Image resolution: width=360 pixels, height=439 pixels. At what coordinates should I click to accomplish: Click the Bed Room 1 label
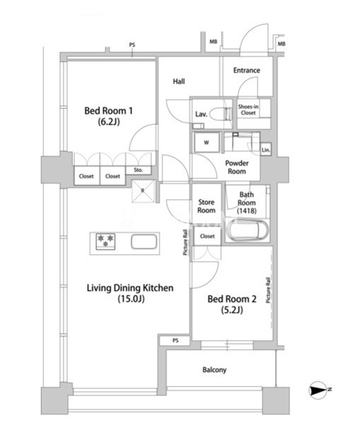click(x=109, y=116)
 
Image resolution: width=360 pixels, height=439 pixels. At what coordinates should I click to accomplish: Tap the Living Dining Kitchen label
click(x=130, y=293)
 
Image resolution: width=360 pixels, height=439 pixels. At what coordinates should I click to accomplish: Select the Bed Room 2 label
click(x=232, y=304)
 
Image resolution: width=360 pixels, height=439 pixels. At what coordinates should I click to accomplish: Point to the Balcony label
click(x=215, y=370)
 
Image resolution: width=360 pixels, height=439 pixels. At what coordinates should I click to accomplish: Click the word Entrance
click(x=246, y=71)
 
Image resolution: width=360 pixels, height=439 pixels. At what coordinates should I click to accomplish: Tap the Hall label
click(x=179, y=81)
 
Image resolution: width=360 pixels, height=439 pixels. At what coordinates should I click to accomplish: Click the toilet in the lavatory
click(x=221, y=114)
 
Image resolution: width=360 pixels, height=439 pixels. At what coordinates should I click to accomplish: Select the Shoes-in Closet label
click(x=248, y=110)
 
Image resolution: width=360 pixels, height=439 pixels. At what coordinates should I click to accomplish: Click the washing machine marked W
click(x=206, y=143)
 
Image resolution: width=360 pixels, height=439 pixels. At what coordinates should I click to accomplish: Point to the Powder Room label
click(x=237, y=167)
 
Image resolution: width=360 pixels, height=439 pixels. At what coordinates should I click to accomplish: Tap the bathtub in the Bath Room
click(x=247, y=230)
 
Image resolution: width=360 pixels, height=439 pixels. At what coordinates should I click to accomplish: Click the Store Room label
click(x=206, y=206)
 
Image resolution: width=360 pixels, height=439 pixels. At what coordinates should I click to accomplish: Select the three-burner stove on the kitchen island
click(x=106, y=241)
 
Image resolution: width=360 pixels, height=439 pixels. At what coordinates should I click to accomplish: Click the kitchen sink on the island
click(x=144, y=241)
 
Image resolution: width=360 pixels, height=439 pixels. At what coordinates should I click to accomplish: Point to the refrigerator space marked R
click(x=143, y=191)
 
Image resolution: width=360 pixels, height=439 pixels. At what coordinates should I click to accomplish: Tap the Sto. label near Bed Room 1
click(x=138, y=170)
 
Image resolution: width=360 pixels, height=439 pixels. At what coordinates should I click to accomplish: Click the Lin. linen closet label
click(x=265, y=150)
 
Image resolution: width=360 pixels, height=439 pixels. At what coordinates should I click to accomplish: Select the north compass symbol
click(x=318, y=390)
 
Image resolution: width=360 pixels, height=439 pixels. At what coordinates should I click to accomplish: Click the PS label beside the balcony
click(x=175, y=340)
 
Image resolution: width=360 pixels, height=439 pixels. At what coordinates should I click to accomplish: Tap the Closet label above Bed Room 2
click(x=207, y=236)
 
